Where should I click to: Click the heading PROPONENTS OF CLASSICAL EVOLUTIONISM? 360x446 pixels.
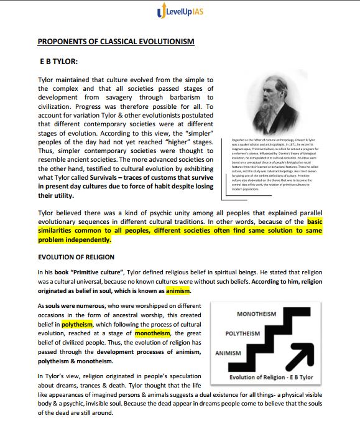coord(116,42)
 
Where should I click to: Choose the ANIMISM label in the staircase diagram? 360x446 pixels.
coord(227,353)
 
